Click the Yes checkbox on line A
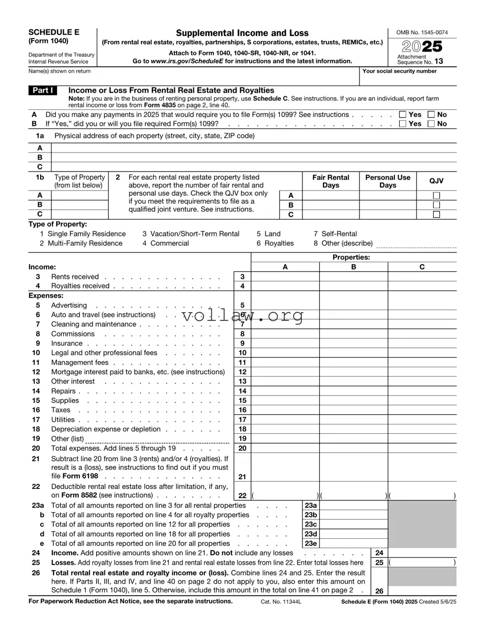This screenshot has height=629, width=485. (403, 114)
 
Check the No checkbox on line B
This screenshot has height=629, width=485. (432, 124)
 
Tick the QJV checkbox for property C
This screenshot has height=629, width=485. (436, 215)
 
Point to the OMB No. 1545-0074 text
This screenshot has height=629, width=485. (422, 32)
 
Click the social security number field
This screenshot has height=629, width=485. (408, 78)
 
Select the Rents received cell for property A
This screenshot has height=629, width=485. (285, 277)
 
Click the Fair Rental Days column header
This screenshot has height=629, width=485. (331, 181)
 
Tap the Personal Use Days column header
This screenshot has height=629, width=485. (388, 181)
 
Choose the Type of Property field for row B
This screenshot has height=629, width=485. (80, 205)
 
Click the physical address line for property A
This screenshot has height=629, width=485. (254, 148)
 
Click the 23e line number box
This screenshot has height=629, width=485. (311, 543)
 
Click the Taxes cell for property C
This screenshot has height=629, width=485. (422, 410)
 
